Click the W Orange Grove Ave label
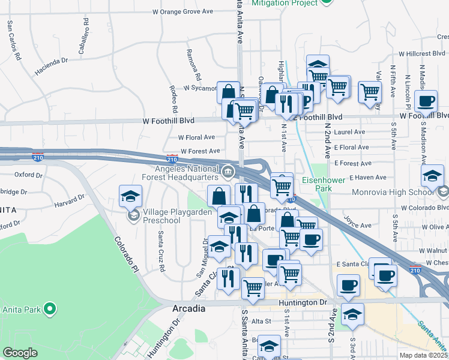183,11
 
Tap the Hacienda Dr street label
52,66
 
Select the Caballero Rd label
86,29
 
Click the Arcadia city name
188,308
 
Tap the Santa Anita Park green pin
50,310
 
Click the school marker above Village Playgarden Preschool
130,197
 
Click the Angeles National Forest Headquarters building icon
228,173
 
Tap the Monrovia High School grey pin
443,192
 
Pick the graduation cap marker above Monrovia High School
432,176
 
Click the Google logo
20,353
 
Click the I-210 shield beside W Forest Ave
172,160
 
